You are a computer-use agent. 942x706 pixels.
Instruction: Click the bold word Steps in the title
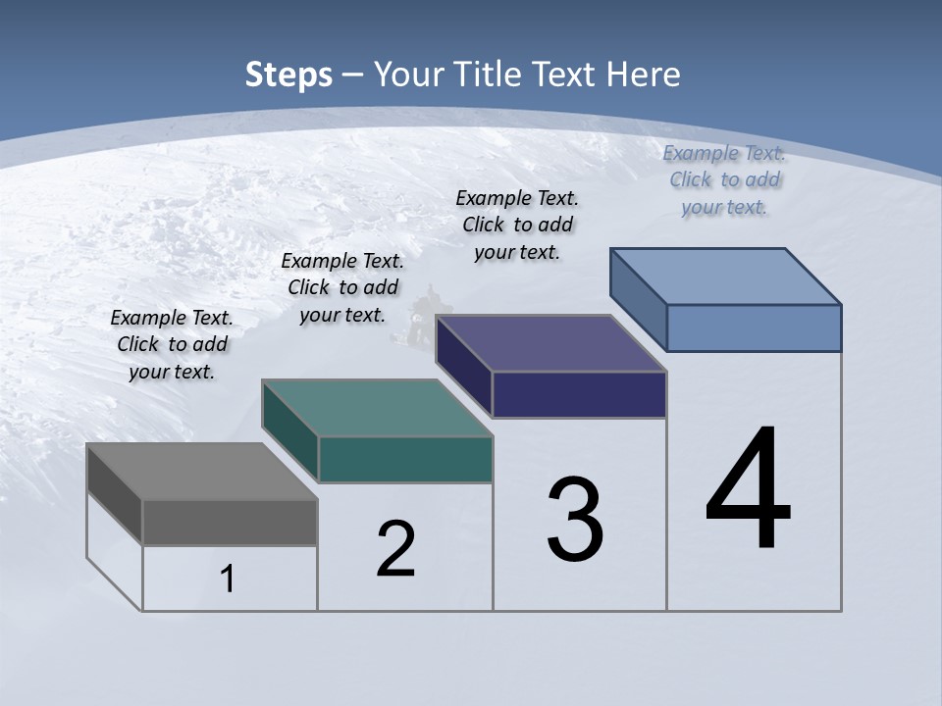tap(288, 75)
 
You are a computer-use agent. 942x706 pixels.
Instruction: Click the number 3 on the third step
tap(575, 520)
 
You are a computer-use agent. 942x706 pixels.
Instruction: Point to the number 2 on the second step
tap(396, 549)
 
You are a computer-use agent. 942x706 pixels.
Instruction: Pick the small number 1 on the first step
tap(228, 579)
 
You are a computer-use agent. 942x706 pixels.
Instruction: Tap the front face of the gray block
tap(230, 522)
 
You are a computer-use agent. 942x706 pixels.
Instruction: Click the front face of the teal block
tap(404, 459)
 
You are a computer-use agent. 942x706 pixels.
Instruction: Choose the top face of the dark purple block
tap(550, 343)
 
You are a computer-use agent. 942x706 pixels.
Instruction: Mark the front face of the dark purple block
tap(579, 394)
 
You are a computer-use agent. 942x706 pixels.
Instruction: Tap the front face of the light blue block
tap(754, 328)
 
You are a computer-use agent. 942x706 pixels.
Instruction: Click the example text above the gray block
tap(172, 345)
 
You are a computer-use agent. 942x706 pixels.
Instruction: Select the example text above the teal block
tap(342, 287)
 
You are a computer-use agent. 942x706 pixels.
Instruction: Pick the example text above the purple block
tap(517, 225)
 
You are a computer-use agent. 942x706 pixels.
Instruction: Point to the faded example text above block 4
tap(725, 179)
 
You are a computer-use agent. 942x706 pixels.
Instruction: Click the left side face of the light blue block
tap(638, 298)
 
